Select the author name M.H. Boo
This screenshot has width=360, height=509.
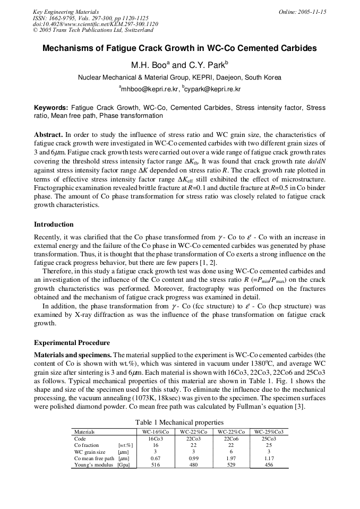click(151, 65)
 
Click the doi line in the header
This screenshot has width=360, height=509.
click(95, 24)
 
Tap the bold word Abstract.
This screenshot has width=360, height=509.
click(48, 135)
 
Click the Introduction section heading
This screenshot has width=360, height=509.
click(54, 225)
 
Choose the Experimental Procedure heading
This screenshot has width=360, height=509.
click(72, 343)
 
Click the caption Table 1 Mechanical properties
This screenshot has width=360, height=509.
click(179, 422)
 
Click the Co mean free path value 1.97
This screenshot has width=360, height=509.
click(231, 458)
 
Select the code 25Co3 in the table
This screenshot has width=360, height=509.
click(269, 439)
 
